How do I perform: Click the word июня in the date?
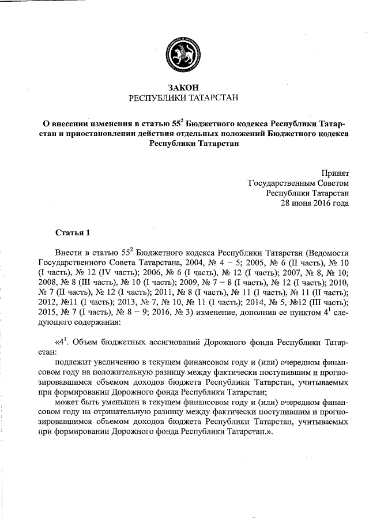pyautogui.click(x=303, y=204)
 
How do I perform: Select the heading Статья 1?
pyautogui.click(x=73, y=234)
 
